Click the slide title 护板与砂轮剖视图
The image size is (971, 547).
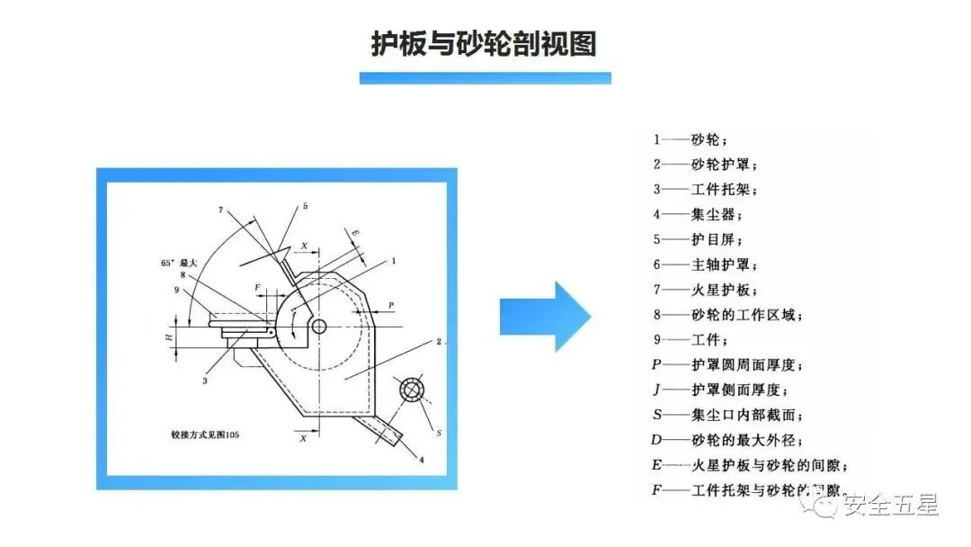[x=485, y=43]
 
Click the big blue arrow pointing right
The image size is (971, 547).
[x=545, y=316]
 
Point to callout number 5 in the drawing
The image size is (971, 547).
[x=305, y=206]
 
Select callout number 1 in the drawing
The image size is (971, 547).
[x=393, y=261]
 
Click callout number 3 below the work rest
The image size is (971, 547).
[x=205, y=381]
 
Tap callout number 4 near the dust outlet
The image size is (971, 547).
[x=421, y=461]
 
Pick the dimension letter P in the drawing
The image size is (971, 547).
[x=391, y=306]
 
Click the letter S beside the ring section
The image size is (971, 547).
[x=439, y=433]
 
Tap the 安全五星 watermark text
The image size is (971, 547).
[x=889, y=506]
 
